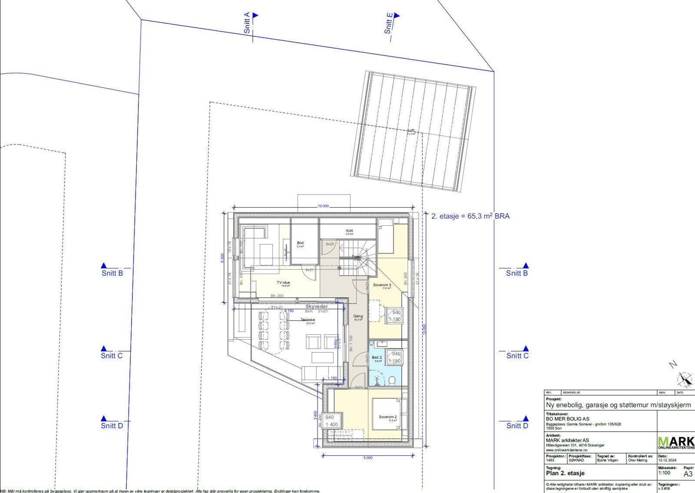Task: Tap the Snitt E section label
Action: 388,23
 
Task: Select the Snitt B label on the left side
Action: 112,273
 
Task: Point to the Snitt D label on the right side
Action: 517,426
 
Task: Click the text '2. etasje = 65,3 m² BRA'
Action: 470,216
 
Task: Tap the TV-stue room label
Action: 283,283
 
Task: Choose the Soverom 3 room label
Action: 382,285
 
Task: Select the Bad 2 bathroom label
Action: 377,357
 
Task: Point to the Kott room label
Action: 349,231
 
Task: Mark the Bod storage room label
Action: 300,243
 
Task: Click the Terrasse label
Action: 308,320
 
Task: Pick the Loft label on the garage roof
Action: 411,131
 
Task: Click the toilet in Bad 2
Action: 392,381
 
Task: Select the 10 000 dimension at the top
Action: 323,206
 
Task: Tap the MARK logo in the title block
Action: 676,442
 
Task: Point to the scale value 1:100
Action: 664,473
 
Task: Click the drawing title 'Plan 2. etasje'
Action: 565,473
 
